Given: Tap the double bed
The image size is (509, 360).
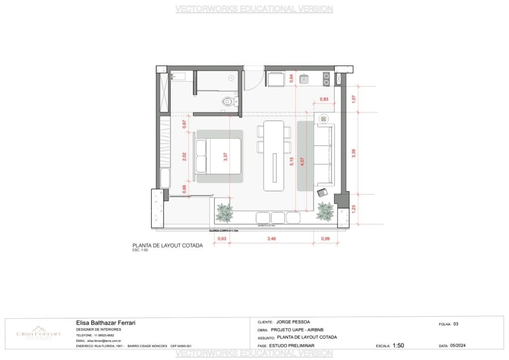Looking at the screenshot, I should pyautogui.click(x=219, y=156).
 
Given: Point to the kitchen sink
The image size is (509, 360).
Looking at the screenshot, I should pyautogui.click(x=304, y=79).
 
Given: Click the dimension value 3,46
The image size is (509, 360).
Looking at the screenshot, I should pyautogui.click(x=271, y=240).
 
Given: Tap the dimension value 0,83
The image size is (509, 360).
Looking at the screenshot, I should pyautogui.click(x=324, y=99).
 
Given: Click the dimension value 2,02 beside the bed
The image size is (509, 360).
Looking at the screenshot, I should pyautogui.click(x=184, y=156).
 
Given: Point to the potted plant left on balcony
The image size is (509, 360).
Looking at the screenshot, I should pyautogui.click(x=225, y=212).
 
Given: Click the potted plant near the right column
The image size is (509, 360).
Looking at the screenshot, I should pyautogui.click(x=326, y=211).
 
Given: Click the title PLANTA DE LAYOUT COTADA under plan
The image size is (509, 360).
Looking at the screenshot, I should pyautogui.click(x=167, y=245).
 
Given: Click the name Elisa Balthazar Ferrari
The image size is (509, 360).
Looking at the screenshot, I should pyautogui.click(x=105, y=323).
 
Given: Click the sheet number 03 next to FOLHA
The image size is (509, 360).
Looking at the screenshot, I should pyautogui.click(x=455, y=324).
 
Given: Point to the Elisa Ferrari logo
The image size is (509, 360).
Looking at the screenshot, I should pyautogui.click(x=38, y=334).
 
